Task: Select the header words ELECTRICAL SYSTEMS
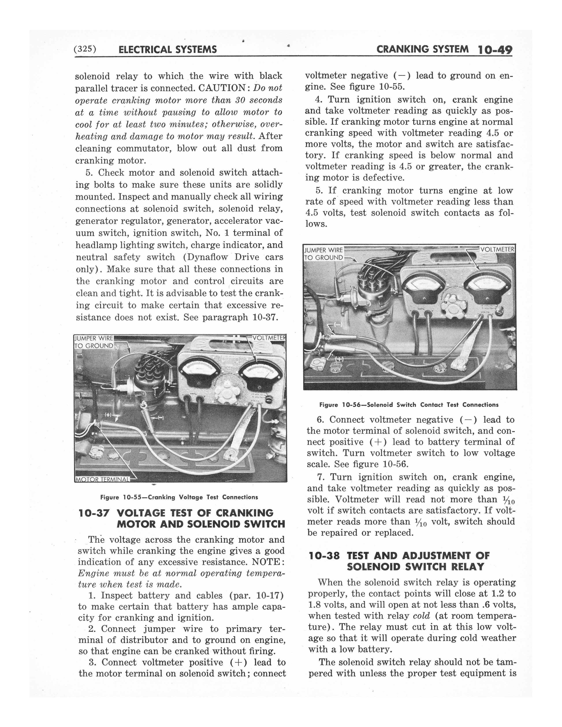click(x=167, y=50)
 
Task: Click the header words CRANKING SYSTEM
click(x=422, y=49)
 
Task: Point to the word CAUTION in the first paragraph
click(x=223, y=88)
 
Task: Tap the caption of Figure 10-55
click(x=179, y=497)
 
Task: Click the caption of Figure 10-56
click(x=409, y=405)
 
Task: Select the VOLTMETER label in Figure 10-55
click(x=269, y=338)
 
